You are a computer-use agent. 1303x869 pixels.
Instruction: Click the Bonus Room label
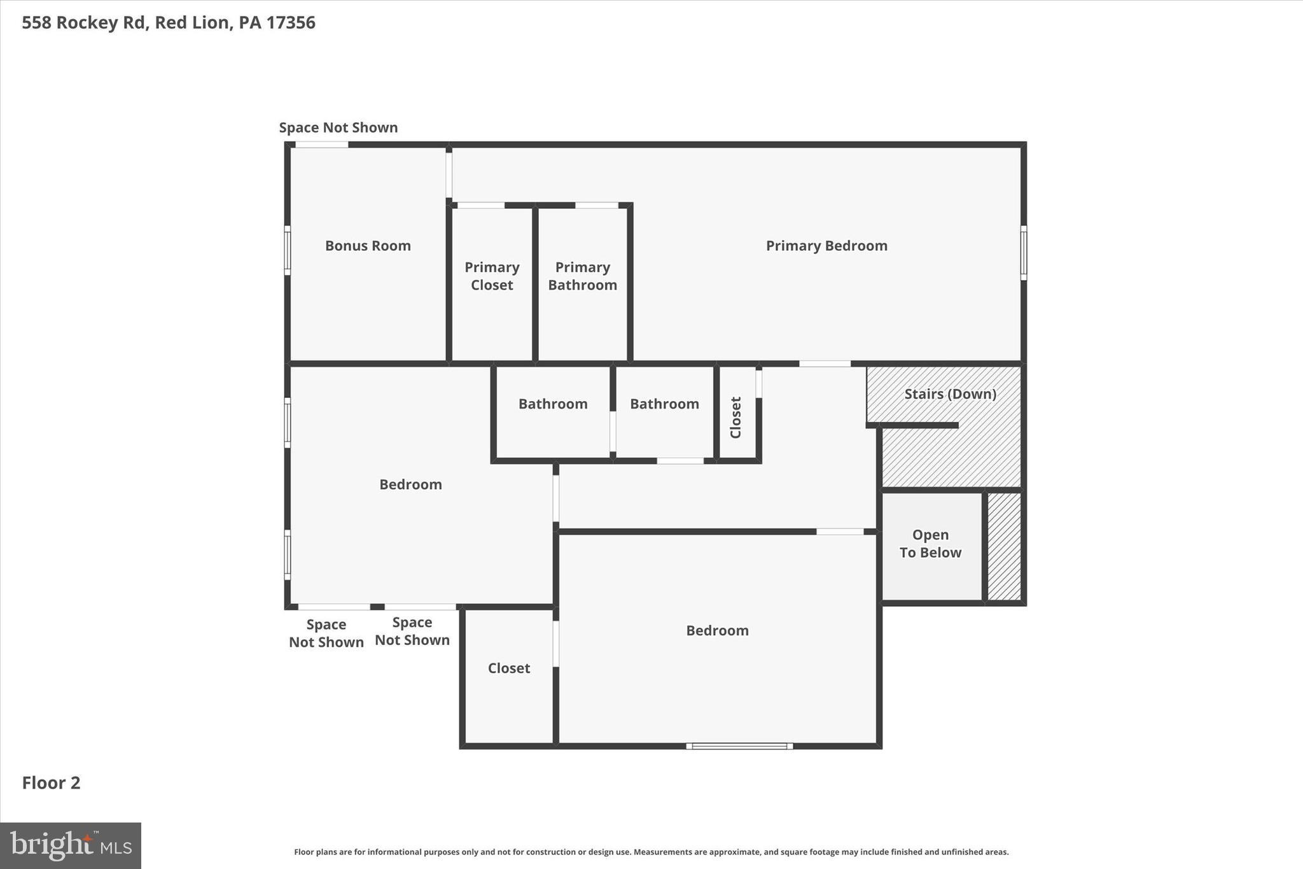[368, 246]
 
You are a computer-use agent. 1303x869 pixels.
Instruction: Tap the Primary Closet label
[492, 276]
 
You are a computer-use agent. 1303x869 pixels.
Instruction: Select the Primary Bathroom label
[582, 276]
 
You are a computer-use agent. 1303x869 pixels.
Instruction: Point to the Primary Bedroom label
[826, 246]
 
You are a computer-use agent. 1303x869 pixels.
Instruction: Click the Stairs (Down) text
[950, 394]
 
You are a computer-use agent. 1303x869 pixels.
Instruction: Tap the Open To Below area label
[930, 544]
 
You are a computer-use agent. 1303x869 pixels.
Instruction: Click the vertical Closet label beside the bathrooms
[736, 418]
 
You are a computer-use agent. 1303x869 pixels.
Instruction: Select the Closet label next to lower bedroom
[508, 668]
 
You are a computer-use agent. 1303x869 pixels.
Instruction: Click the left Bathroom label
[552, 404]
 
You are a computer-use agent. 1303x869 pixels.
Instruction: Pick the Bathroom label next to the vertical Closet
[664, 404]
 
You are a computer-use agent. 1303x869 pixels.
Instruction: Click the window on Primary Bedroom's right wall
[1023, 253]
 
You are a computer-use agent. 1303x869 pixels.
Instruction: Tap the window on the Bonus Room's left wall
[288, 250]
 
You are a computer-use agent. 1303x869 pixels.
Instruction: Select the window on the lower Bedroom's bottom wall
[739, 746]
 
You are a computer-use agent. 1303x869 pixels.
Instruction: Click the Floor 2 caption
[51, 782]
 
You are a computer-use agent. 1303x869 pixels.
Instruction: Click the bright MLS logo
[71, 845]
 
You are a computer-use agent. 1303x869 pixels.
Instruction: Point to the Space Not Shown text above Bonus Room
[338, 127]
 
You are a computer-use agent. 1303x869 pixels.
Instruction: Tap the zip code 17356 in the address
[290, 22]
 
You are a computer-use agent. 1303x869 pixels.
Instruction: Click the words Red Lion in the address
[192, 22]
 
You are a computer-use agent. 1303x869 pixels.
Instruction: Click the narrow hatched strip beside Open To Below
[1004, 546]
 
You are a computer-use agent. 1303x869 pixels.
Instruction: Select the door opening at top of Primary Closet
[480, 205]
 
